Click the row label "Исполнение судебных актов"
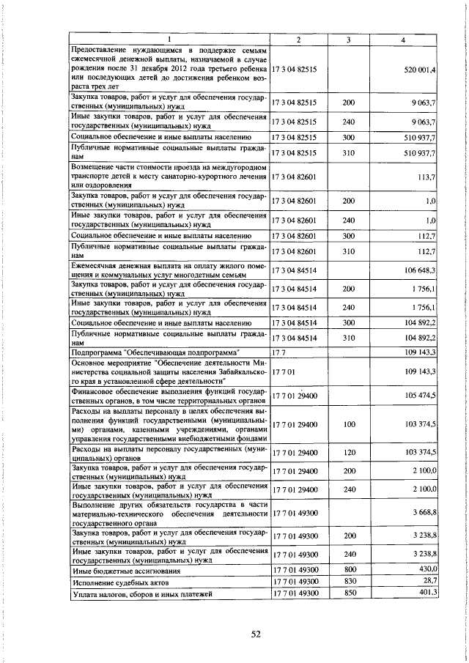(x=117, y=582)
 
